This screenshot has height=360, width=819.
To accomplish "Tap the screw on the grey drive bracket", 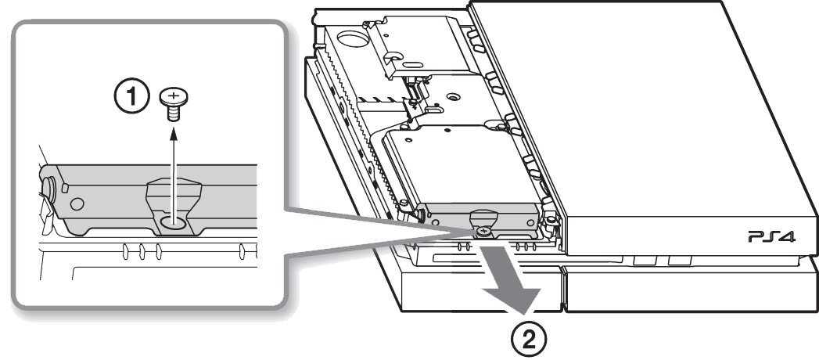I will pyautogui.click(x=485, y=230).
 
